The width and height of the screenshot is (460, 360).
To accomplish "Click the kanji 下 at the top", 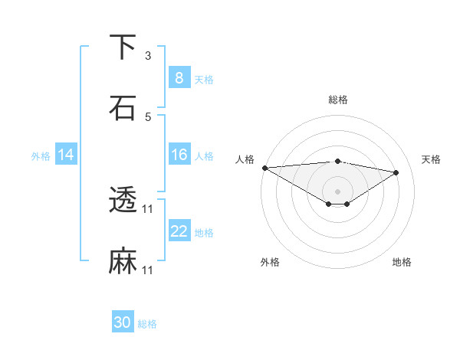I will [123, 47].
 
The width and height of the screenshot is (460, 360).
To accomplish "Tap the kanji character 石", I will [123, 108].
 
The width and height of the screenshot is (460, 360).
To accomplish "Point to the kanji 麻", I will [123, 261].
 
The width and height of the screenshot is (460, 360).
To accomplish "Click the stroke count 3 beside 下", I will [148, 56].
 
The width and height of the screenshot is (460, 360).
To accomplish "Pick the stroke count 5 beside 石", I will [148, 117].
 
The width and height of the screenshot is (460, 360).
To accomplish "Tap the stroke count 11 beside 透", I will [149, 209].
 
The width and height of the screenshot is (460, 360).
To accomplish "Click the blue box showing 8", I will [179, 77].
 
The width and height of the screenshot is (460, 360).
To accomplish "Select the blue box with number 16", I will [179, 155].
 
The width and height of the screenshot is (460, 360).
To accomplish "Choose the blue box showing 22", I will [179, 231].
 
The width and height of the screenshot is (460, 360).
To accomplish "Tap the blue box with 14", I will [65, 155].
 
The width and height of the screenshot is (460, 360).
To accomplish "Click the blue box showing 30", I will [123, 322].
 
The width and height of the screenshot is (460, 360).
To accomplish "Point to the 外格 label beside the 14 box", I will [41, 155].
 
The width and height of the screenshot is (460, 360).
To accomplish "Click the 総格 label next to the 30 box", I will [147, 324].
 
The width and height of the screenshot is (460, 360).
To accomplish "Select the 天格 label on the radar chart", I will [432, 159].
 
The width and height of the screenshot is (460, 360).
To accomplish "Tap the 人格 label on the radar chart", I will [245, 159].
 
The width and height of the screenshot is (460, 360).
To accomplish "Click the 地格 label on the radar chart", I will [402, 262].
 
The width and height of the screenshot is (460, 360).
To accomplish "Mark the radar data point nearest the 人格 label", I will [264, 168].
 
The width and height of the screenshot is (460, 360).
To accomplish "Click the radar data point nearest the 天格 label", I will [396, 172].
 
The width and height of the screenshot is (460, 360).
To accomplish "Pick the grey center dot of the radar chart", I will [337, 191].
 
